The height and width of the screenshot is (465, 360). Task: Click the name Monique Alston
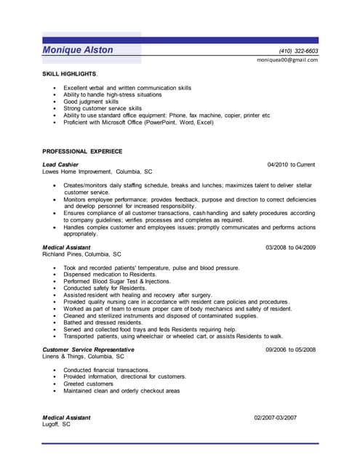78,49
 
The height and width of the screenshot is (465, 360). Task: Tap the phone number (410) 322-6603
298,51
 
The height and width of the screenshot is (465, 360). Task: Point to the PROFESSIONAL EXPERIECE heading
82,151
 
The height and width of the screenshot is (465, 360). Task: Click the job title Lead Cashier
60,165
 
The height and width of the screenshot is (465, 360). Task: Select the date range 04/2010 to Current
291,165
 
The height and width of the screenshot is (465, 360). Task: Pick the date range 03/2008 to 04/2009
290,248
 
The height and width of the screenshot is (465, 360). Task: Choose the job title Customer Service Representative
88,349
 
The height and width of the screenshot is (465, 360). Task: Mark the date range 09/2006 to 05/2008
290,349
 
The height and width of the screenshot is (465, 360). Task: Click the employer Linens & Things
83,357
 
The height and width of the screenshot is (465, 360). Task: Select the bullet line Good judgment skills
90,101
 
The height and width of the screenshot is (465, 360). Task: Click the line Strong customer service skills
103,108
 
